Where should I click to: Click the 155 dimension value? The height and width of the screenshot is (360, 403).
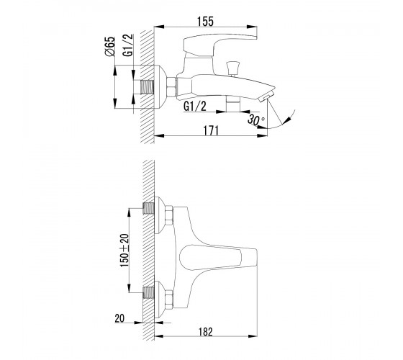pos(205,22)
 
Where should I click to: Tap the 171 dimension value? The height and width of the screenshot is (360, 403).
pos(211,130)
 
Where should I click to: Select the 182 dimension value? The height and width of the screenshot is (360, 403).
pos(206,332)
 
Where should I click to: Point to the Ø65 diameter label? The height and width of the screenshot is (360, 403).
pos(109,46)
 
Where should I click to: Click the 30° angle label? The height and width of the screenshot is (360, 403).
pos(256,120)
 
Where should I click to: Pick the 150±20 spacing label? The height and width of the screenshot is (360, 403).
pos(124,251)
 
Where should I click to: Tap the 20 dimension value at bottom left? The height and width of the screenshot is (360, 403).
pos(119,318)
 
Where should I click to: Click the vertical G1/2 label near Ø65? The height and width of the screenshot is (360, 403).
pos(128,45)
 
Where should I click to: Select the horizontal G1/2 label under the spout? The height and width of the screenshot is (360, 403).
pos(195,107)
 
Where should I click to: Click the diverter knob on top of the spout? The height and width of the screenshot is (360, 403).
pos(232,68)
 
